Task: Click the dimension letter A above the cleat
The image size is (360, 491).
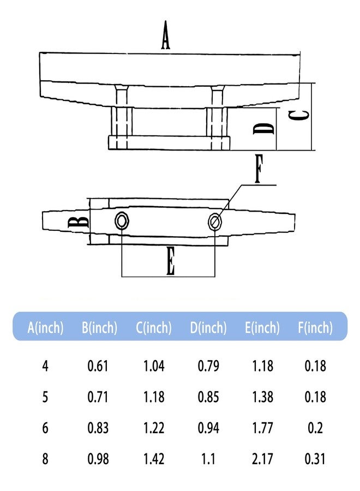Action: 166,35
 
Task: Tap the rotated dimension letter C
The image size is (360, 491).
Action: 298,116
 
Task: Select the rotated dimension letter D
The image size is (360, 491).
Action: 263,128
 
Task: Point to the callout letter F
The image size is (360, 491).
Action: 258,169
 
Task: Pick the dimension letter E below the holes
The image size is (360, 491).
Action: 170,261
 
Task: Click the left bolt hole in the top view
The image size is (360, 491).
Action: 122,221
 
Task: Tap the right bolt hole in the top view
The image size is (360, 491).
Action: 215,221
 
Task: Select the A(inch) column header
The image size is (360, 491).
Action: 45,327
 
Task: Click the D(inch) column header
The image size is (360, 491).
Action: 208,327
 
